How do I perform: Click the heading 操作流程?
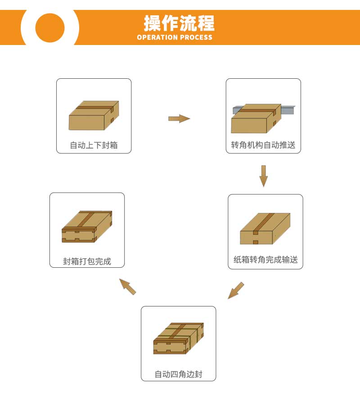(x=179, y=23)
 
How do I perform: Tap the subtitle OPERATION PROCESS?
(x=175, y=37)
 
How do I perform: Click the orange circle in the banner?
(x=50, y=27)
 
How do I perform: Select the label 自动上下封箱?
(x=94, y=145)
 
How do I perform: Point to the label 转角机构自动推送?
(x=263, y=145)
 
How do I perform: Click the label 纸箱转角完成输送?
(x=265, y=259)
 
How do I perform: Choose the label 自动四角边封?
(x=179, y=374)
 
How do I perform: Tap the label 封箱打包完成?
(x=87, y=261)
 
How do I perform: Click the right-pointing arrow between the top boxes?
(x=179, y=118)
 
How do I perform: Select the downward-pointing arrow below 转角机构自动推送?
(x=263, y=176)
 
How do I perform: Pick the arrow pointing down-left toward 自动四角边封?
(x=236, y=290)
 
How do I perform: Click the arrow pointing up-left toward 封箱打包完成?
(x=128, y=287)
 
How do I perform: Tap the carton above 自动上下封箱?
(x=94, y=115)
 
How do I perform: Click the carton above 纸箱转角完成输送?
(x=265, y=229)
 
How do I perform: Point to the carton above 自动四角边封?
(x=179, y=338)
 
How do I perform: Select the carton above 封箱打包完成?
(x=87, y=226)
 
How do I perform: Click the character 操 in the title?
(x=152, y=23)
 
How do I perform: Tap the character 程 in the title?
(x=206, y=23)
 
